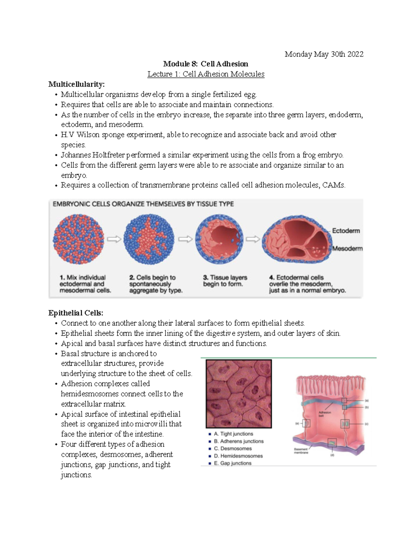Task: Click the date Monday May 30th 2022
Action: click(324, 54)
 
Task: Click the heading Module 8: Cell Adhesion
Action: click(206, 64)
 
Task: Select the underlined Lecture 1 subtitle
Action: click(206, 74)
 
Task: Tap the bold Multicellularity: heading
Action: click(77, 84)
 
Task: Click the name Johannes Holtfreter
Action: click(93, 155)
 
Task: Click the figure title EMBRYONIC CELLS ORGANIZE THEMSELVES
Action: click(143, 204)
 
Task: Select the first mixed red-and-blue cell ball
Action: click(78, 239)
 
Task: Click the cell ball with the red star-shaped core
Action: click(149, 239)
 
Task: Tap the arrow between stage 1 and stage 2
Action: click(114, 239)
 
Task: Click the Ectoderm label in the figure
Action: click(346, 231)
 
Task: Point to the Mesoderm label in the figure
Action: click(347, 248)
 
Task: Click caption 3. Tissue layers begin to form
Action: click(225, 281)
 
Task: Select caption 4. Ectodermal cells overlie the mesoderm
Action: click(307, 284)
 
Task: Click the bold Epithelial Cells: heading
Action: click(76, 313)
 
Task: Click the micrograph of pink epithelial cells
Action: click(239, 393)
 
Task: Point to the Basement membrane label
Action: click(301, 451)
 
